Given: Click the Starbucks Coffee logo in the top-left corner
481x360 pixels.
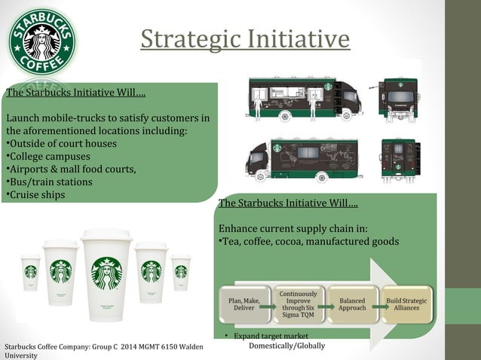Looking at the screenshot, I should [x=42, y=42].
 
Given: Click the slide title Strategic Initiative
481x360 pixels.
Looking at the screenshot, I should [x=245, y=38].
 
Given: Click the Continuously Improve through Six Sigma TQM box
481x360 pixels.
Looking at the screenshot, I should [x=298, y=304].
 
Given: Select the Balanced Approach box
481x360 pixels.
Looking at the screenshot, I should [x=352, y=304].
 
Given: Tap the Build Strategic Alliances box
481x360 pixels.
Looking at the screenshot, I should [x=406, y=304].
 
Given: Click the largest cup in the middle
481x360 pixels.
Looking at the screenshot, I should [x=106, y=268].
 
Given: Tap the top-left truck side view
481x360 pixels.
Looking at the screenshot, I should [x=305, y=99].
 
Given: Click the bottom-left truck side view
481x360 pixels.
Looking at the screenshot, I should [x=305, y=157].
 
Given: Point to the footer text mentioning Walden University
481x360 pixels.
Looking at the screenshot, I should [x=106, y=350].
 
